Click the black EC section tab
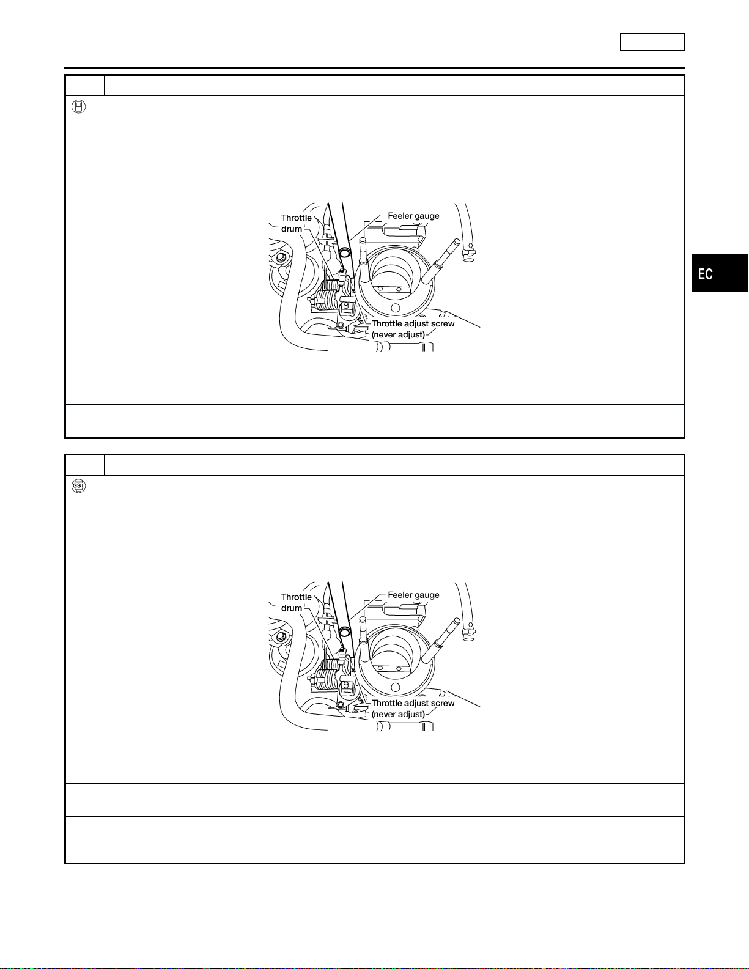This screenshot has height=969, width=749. coord(720,273)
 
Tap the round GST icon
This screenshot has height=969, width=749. coord(78,486)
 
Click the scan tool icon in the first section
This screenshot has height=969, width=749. coord(78,107)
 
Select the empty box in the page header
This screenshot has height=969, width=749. coord(652,42)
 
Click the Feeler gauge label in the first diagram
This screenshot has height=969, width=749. coord(413,216)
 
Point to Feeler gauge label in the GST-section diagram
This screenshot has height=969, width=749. coord(413,595)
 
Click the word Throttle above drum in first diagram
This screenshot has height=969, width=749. coord(297,218)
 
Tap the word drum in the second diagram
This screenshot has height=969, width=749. coord(292,608)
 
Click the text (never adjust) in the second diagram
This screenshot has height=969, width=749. coord(398,714)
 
